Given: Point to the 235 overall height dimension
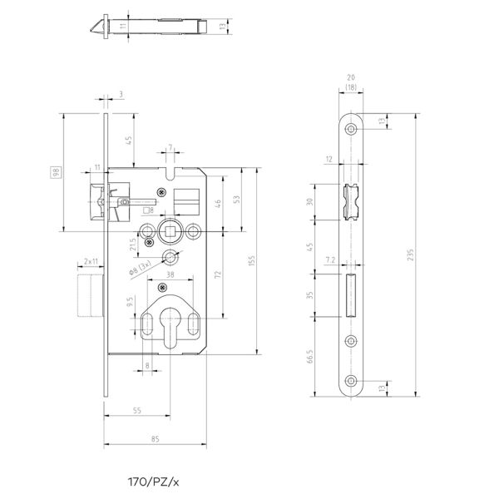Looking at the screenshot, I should tap(410, 258).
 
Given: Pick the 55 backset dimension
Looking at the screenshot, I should tap(137, 411).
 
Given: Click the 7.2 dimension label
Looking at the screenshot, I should tap(329, 261).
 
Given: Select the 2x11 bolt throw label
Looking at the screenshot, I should tap(91, 261).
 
